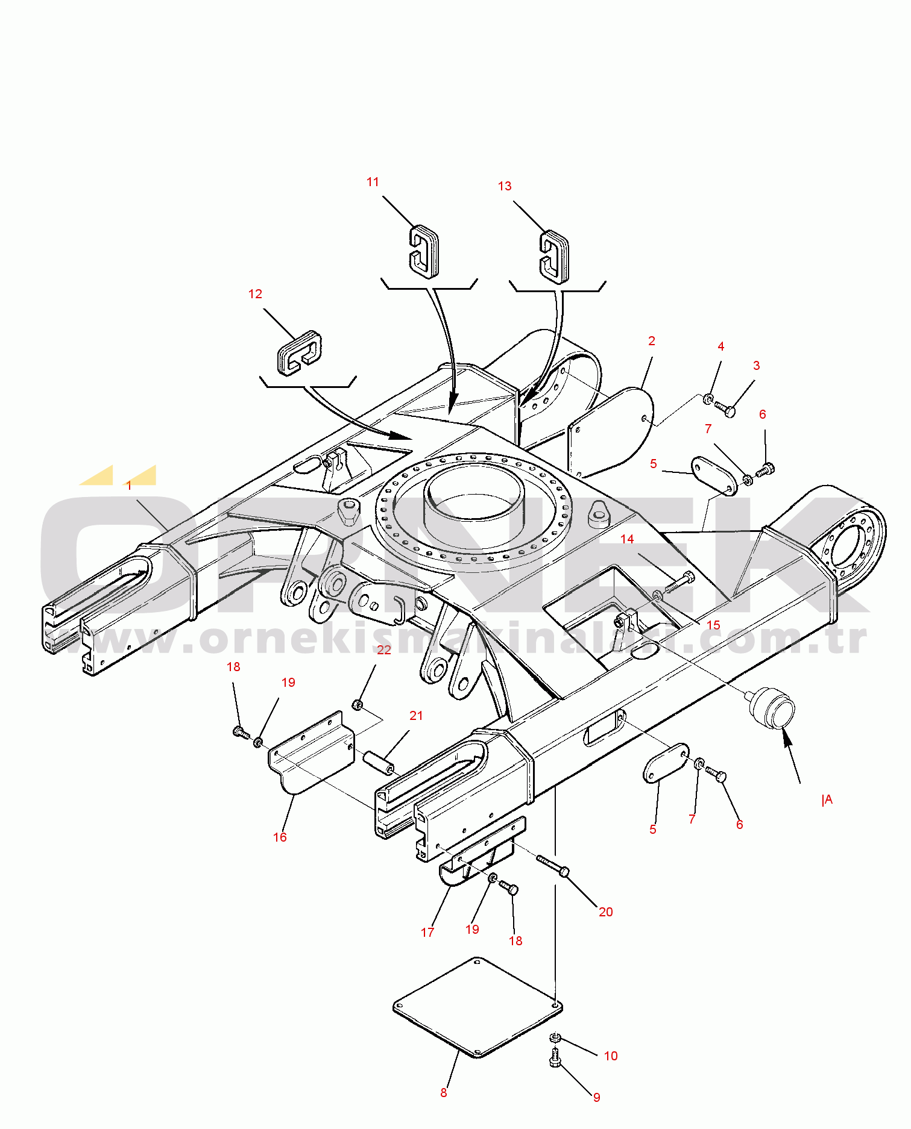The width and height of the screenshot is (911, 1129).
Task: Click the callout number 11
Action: [373, 182]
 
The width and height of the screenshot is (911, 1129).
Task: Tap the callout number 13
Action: [505, 186]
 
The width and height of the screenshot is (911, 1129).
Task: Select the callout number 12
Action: [255, 294]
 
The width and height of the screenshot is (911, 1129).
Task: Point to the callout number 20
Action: [606, 912]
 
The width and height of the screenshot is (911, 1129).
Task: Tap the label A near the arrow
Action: [827, 799]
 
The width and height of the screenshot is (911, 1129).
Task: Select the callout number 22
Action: [384, 650]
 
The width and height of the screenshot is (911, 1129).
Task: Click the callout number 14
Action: [627, 539]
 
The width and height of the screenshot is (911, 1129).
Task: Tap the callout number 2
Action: [651, 341]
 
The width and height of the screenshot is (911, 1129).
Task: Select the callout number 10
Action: [611, 1056]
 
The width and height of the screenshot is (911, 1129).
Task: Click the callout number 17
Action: [427, 933]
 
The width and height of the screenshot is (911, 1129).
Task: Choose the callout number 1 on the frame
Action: [129, 486]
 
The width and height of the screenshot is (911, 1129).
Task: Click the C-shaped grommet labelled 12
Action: [300, 352]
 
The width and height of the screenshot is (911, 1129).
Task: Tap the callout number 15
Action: [713, 625]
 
